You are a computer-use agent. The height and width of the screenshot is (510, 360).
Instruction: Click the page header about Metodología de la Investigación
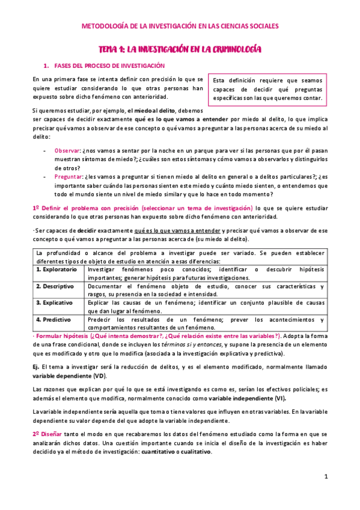[x=180, y=26]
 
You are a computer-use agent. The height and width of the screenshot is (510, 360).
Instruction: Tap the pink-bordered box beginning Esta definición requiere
[x=267, y=89]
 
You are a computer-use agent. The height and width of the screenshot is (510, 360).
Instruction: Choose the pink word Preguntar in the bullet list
[x=68, y=177]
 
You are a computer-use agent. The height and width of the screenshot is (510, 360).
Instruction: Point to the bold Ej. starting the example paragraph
[x=36, y=366]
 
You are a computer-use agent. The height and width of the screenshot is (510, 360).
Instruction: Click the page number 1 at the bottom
[x=325, y=477]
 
